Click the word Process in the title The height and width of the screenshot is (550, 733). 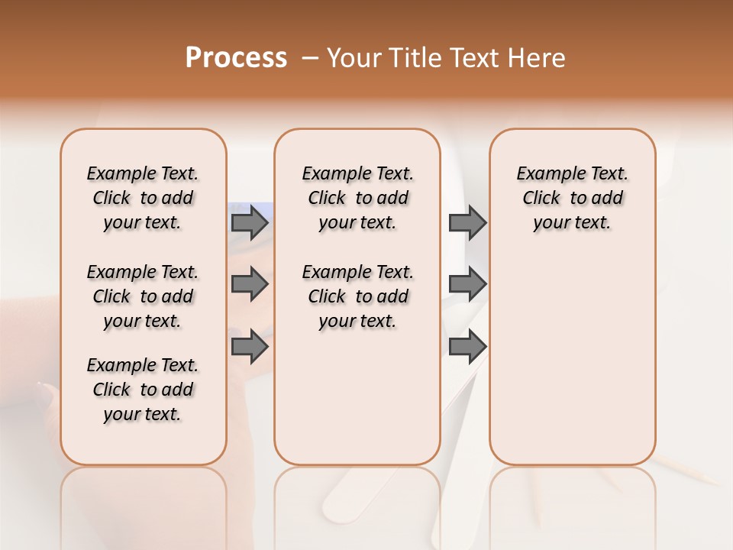tap(236, 58)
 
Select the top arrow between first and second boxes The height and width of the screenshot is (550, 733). tap(250, 222)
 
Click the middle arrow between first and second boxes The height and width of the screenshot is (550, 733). tap(250, 284)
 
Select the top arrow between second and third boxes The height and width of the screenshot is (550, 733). tap(467, 222)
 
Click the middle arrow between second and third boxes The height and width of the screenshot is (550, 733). tap(467, 284)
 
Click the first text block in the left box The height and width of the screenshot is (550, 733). tap(143, 198)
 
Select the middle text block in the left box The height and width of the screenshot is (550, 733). tap(143, 296)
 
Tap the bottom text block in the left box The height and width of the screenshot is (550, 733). tap(143, 390)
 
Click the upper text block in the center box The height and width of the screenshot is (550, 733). tap(358, 198)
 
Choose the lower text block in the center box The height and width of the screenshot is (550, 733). tap(358, 296)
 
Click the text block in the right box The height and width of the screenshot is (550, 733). tap(573, 198)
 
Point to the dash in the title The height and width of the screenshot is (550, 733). tap(310, 58)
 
